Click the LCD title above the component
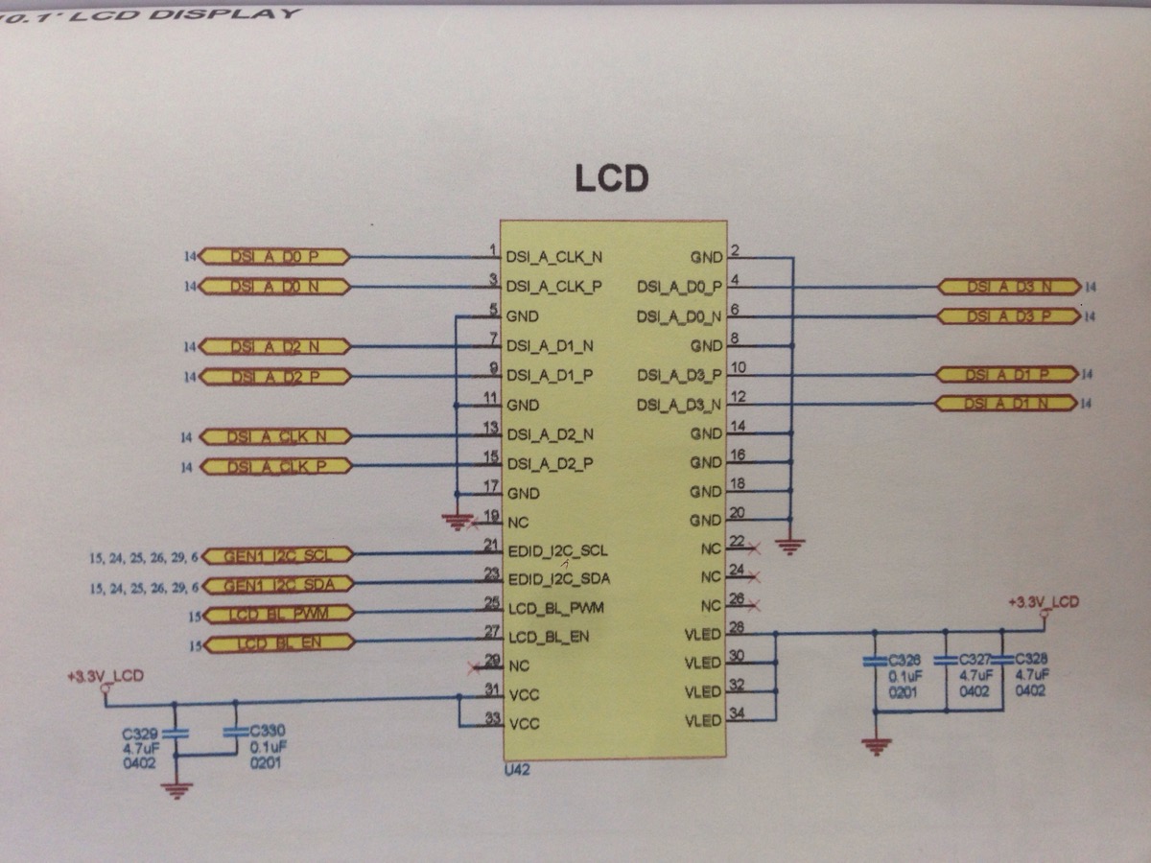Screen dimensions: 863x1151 611,177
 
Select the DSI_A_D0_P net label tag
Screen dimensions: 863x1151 275,257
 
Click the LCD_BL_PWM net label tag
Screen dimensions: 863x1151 277,614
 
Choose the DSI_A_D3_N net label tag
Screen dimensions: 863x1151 1009,286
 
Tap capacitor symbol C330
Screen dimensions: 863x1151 234,732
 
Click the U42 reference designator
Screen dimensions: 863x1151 517,769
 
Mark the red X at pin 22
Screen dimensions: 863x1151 755,548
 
